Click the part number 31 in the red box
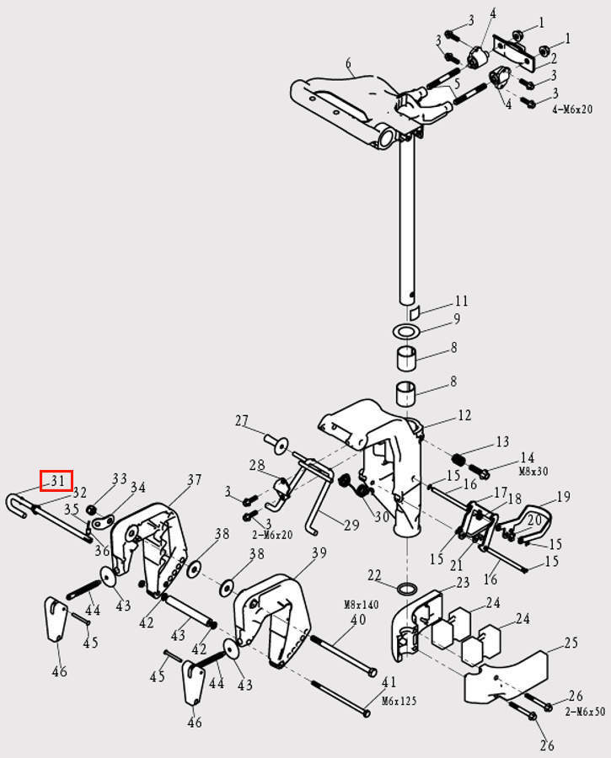56,481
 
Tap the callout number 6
348,63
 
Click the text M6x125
399,701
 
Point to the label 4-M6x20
572,109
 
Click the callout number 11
461,301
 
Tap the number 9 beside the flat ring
457,319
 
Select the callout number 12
464,415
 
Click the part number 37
195,480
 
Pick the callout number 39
319,552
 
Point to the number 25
571,643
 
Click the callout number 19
564,497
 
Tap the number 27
243,421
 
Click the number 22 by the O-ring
375,575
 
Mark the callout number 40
358,620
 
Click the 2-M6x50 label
586,712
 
